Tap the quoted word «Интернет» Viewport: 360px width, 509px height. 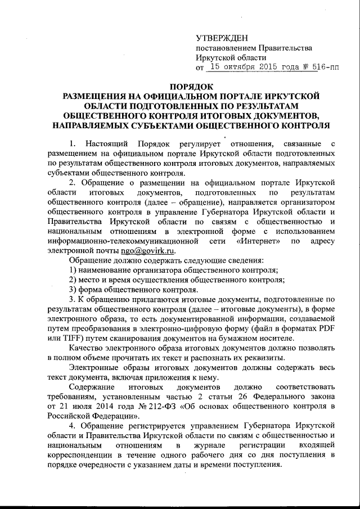point(256,241)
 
